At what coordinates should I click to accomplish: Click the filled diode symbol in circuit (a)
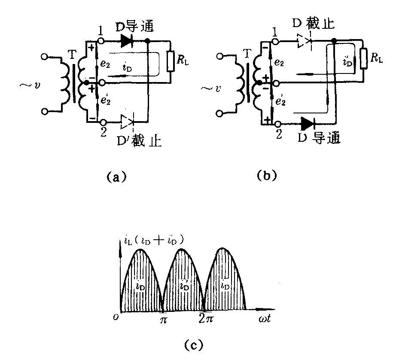[x=126, y=41]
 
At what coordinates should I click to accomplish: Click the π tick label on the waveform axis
[x=163, y=320]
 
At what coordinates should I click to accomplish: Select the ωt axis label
[x=266, y=320]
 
